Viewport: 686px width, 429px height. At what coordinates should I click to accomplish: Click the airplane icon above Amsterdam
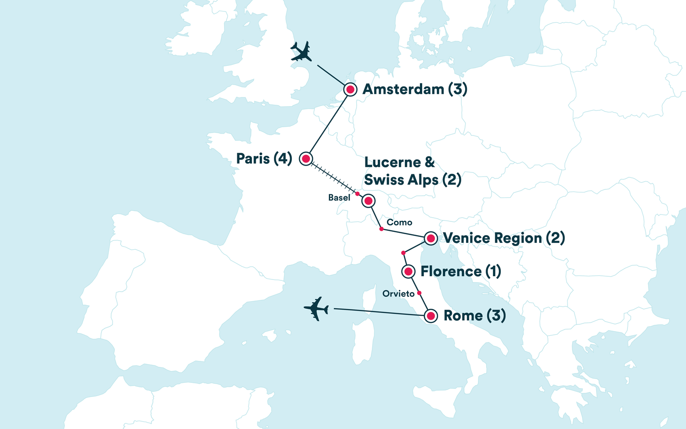(x=301, y=51)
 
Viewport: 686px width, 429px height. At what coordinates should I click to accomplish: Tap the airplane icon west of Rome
(x=316, y=309)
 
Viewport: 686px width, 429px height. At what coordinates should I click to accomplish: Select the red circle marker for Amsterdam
(x=350, y=89)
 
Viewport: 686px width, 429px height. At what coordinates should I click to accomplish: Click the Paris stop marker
(x=306, y=159)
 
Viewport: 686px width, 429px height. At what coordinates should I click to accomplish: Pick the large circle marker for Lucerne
(x=368, y=201)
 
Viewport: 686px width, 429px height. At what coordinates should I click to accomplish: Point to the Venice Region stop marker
(x=430, y=238)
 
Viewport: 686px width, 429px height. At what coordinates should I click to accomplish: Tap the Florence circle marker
(x=408, y=272)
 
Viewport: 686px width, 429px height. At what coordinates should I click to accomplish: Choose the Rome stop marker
(x=430, y=316)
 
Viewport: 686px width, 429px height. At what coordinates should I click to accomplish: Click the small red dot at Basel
(x=358, y=194)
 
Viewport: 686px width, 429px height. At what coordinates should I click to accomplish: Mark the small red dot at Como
(x=381, y=229)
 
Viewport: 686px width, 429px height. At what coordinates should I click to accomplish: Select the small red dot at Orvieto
(x=419, y=293)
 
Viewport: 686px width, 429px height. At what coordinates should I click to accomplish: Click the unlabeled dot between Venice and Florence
(x=403, y=253)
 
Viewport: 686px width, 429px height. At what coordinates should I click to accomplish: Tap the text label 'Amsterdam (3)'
(x=415, y=89)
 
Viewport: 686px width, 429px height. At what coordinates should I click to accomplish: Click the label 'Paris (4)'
(x=264, y=159)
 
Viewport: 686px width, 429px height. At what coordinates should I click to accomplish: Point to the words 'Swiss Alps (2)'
(x=413, y=180)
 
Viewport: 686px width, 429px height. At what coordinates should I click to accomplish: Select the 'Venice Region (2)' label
(x=504, y=238)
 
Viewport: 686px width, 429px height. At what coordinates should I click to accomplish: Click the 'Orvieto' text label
(x=398, y=294)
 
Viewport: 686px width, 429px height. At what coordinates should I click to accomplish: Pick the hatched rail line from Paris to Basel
(x=332, y=177)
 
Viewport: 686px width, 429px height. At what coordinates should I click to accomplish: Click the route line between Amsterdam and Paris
(x=328, y=123)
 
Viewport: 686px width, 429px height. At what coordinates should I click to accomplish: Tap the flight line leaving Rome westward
(x=380, y=312)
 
